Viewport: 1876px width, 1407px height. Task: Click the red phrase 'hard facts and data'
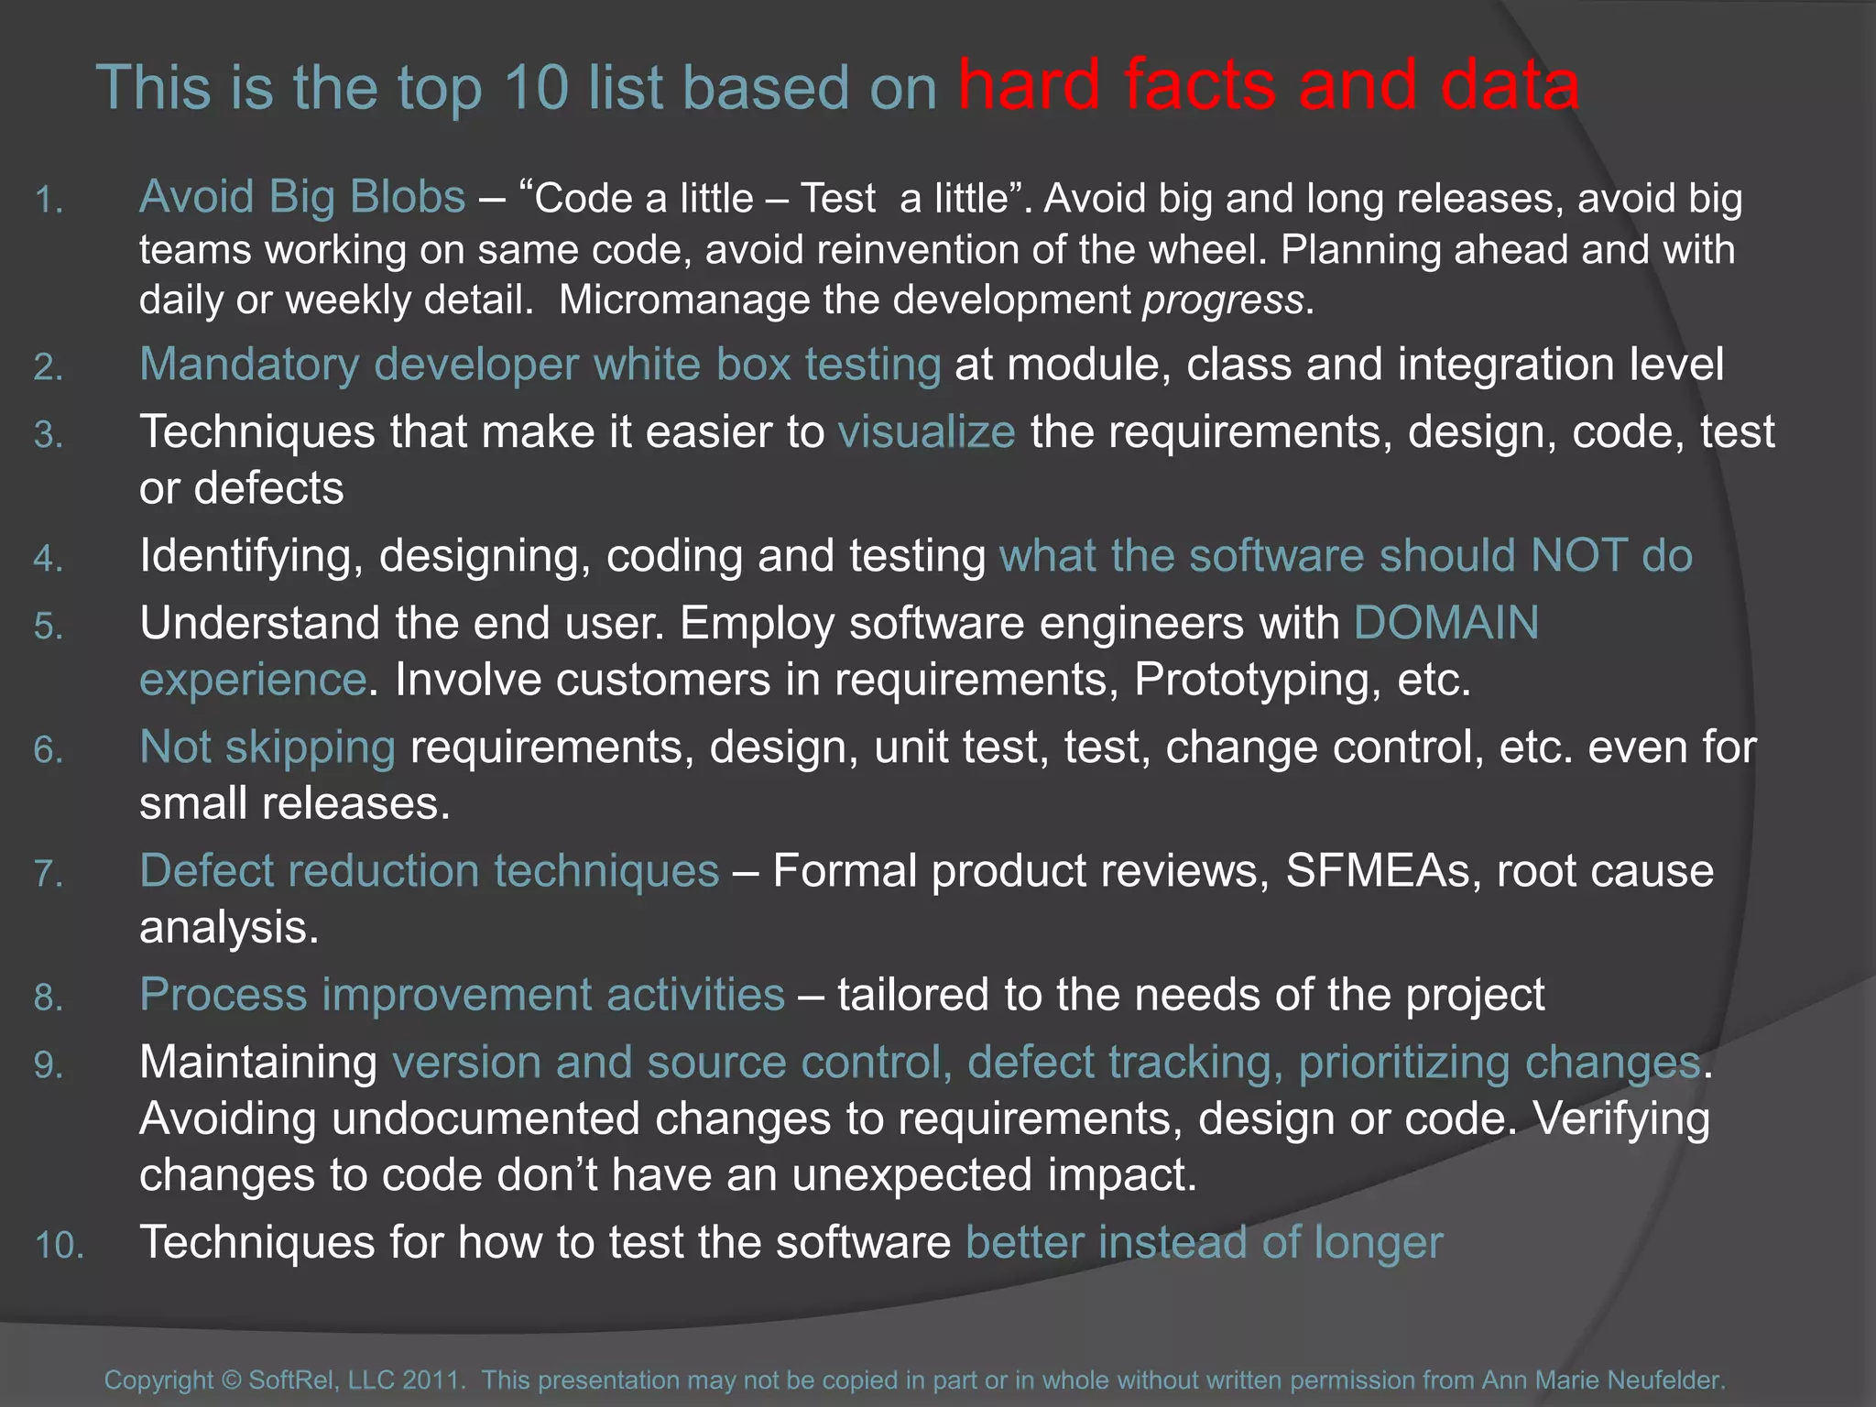1268,86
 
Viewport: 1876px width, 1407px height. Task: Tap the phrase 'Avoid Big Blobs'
302,197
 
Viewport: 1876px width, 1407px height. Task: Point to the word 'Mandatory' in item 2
249,365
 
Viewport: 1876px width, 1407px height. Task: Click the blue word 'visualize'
926,432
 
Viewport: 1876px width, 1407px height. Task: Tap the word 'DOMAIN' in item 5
1446,624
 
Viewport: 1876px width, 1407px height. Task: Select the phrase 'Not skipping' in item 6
267,747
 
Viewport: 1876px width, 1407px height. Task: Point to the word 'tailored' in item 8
911,996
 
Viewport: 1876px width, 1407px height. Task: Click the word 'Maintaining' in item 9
258,1063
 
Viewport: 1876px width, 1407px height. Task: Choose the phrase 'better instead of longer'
1204,1243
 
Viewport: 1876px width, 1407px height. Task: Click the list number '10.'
60,1247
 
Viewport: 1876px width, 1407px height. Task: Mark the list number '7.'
49,874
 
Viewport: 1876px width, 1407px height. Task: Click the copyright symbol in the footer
231,1380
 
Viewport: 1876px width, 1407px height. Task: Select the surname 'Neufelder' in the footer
1665,1380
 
